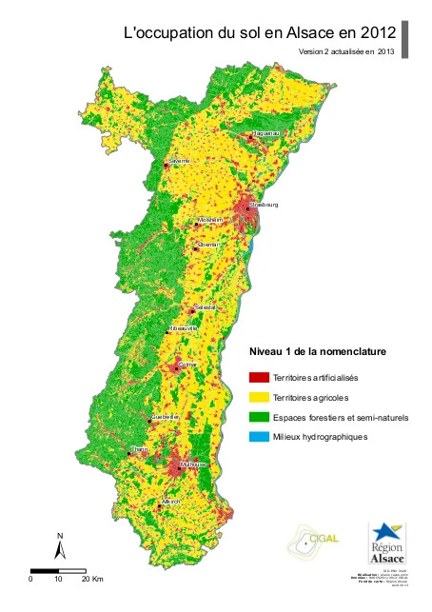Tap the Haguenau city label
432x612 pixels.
(263, 135)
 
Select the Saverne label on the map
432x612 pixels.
(179, 161)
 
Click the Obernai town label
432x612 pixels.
(208, 245)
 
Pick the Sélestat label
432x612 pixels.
(206, 308)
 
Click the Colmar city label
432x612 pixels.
(187, 364)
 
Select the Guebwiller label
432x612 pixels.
(166, 417)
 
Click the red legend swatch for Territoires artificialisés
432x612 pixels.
(258, 378)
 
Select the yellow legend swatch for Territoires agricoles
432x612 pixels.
(258, 397)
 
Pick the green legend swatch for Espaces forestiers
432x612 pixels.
(258, 417)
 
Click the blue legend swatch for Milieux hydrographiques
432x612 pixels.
(258, 437)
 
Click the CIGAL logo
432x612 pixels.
(310, 543)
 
